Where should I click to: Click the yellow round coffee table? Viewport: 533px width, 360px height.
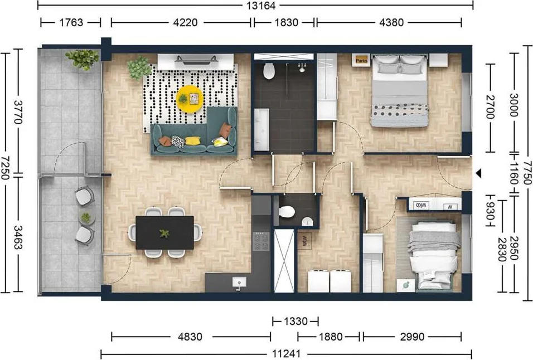coord(190,99)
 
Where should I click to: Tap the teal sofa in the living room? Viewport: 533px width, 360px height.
coord(195,134)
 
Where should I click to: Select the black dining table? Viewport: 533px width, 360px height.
coord(165,232)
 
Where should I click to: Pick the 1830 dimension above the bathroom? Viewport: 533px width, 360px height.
coord(285,22)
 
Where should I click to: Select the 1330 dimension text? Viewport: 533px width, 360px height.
coord(295,321)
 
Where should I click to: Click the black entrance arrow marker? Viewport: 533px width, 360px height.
coord(478,174)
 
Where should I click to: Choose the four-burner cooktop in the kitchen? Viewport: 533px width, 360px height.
coord(261,241)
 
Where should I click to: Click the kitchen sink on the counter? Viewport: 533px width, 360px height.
coord(239,282)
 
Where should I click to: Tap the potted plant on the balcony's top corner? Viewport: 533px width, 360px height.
coord(82,59)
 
